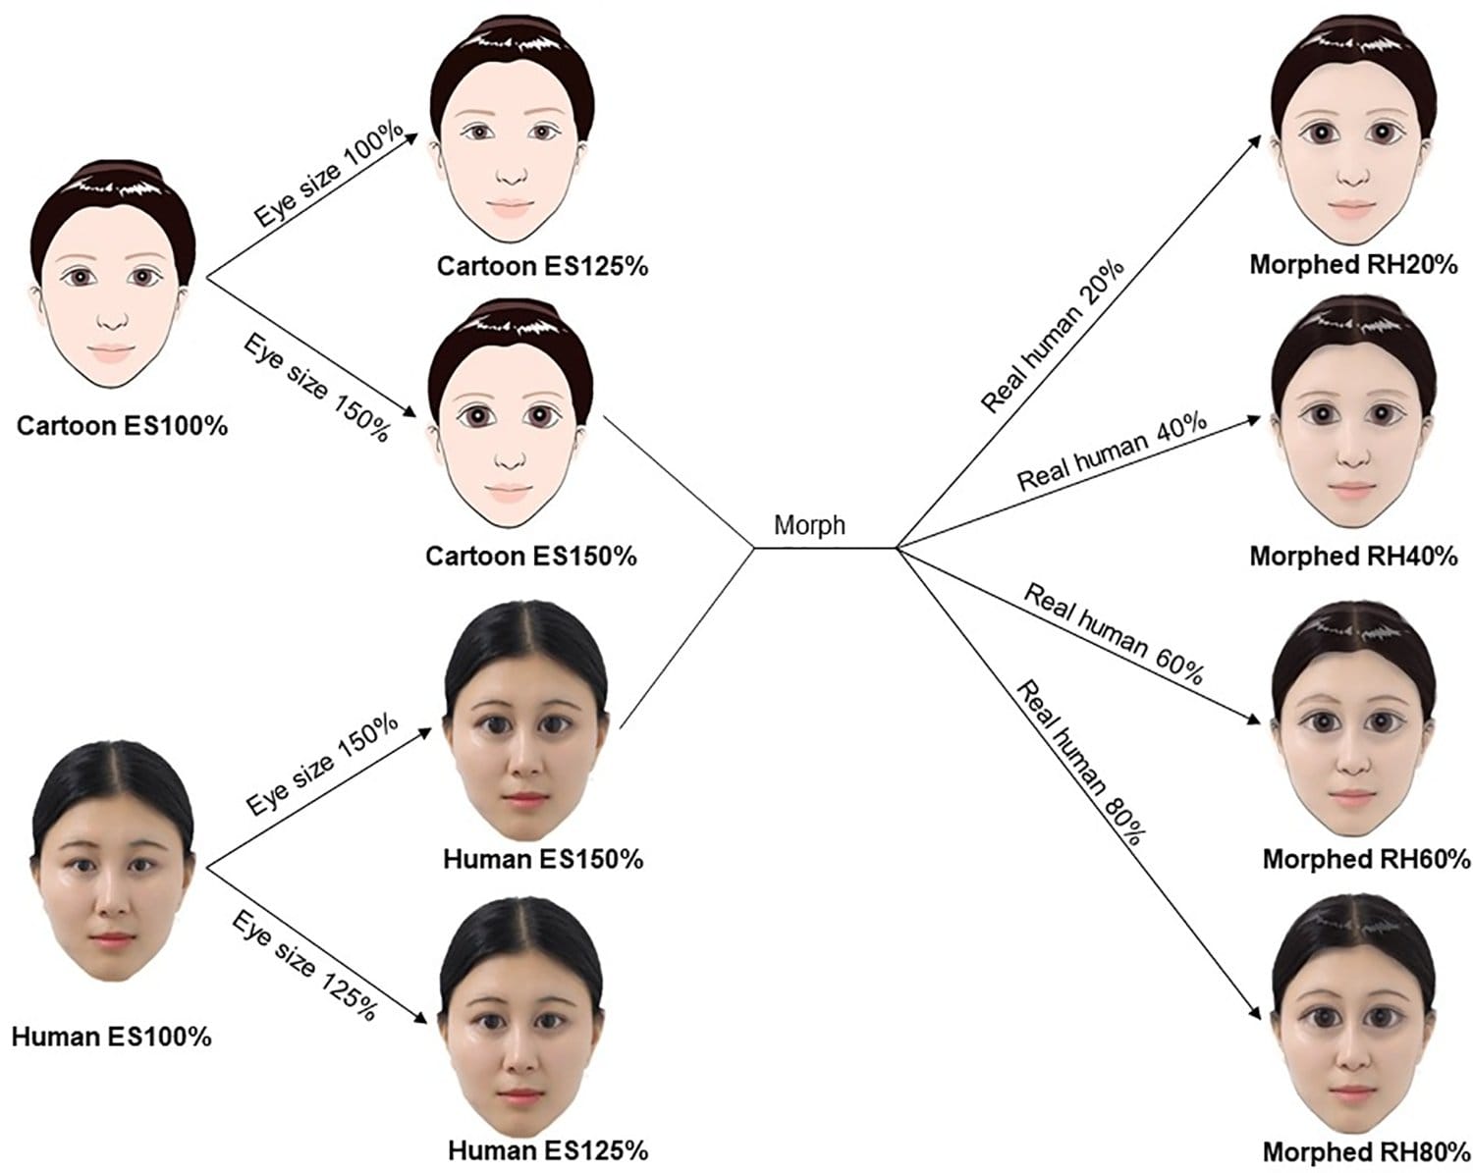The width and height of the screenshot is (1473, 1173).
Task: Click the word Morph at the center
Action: click(x=809, y=525)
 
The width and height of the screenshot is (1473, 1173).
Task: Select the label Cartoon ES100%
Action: click(x=122, y=426)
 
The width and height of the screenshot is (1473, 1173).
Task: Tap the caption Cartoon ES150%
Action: click(x=531, y=557)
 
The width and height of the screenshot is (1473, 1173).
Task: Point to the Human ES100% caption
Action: click(x=111, y=1037)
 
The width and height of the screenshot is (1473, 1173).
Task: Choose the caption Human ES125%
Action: click(x=548, y=1149)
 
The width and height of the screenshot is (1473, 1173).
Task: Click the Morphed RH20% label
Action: click(x=1353, y=265)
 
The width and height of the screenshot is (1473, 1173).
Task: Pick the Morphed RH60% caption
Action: click(x=1366, y=859)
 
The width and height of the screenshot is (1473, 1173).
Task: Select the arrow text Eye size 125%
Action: click(x=304, y=965)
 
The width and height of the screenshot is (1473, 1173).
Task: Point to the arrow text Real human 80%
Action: click(x=1080, y=761)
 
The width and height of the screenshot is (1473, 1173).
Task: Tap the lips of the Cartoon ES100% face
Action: click(x=112, y=351)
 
